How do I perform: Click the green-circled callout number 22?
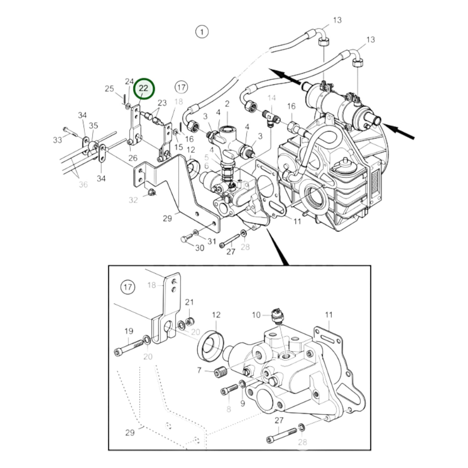[x=143, y=89]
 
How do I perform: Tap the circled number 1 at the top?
[x=202, y=32]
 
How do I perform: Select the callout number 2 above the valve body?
[x=227, y=104]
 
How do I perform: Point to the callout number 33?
[x=57, y=140]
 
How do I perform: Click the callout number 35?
[x=94, y=125]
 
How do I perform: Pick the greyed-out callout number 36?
[x=83, y=185]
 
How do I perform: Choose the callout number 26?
[x=133, y=158]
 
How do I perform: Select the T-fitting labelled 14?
[x=268, y=116]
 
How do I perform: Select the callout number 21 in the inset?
[x=189, y=302]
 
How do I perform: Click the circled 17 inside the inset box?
[x=128, y=287]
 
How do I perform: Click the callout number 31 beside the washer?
[x=212, y=241]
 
